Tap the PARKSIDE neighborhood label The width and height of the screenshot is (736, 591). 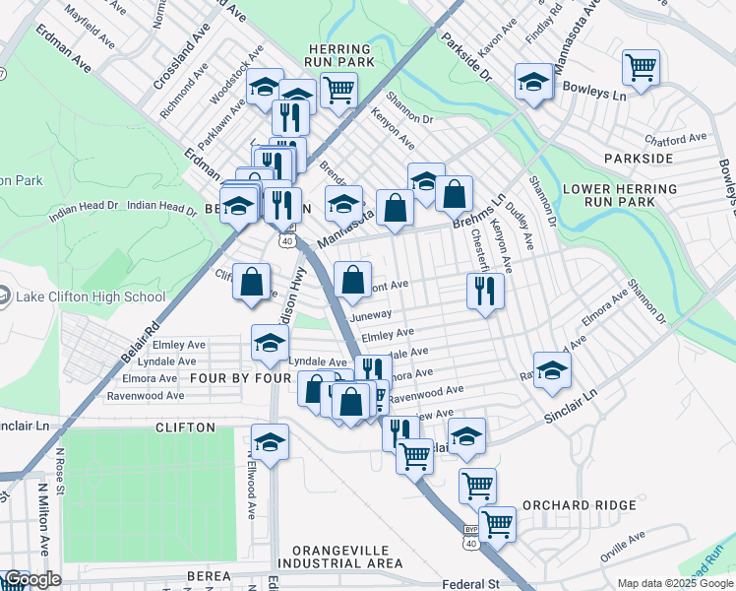point(639,158)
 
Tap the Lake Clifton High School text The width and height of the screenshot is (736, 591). point(91,296)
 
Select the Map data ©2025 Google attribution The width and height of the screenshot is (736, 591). point(675,583)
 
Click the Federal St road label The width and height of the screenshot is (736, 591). point(471,584)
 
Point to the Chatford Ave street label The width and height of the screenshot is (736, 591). point(676,139)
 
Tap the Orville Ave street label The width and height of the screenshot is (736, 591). point(623,547)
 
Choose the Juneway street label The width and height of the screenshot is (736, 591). point(371,316)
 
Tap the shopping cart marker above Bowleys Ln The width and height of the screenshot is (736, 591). point(641,69)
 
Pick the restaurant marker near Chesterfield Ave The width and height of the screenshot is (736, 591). point(484,291)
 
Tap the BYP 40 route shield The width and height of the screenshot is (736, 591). point(471,536)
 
